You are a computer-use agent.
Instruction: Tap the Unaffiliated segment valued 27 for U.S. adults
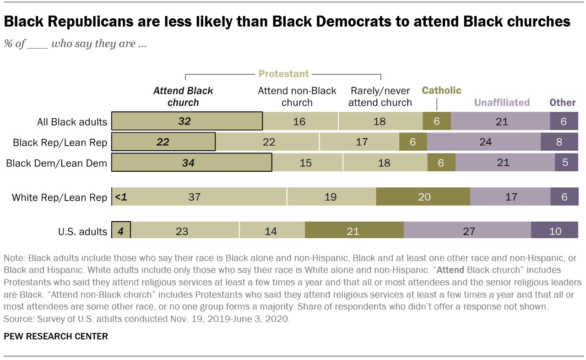click(467, 231)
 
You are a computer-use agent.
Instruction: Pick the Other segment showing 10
click(554, 231)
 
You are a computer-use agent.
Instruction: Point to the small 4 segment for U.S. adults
click(121, 231)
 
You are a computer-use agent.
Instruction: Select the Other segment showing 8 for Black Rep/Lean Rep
click(559, 142)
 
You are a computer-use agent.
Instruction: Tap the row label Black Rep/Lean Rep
click(60, 142)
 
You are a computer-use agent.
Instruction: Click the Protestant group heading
click(283, 74)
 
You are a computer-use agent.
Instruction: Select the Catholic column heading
click(441, 90)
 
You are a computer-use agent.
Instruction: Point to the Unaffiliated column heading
click(502, 102)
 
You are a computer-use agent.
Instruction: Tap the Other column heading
click(563, 102)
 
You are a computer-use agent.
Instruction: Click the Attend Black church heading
click(183, 96)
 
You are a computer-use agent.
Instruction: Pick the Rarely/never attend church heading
click(380, 96)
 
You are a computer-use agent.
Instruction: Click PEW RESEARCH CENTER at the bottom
click(56, 337)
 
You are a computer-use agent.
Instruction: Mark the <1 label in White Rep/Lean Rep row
click(120, 197)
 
